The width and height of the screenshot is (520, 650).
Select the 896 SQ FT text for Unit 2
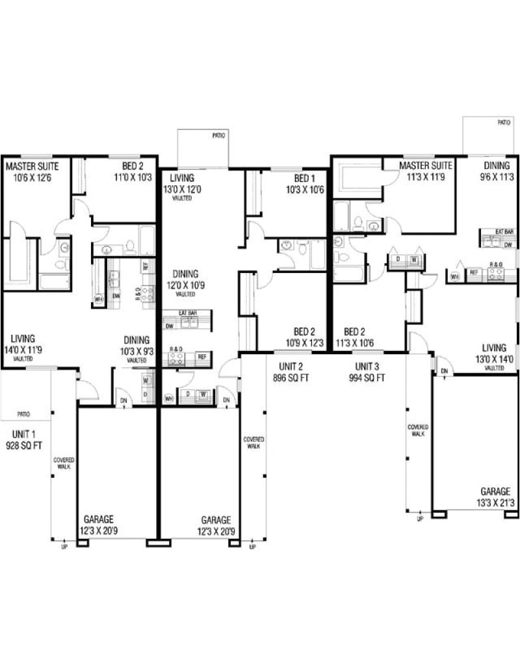(x=291, y=378)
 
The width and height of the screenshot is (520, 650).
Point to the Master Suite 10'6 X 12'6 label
(x=28, y=172)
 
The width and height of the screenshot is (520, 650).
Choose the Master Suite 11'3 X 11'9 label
(x=426, y=172)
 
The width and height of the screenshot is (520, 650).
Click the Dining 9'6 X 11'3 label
(x=496, y=172)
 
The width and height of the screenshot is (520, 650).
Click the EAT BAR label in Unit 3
(x=504, y=231)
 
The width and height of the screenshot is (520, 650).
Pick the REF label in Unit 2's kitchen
(x=202, y=356)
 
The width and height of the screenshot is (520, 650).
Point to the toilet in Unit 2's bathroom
(x=302, y=247)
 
